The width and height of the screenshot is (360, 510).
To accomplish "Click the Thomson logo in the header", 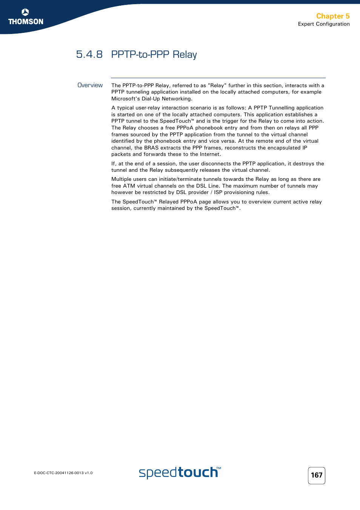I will coord(26,17).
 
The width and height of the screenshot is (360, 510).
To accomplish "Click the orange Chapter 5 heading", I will coord(332,16).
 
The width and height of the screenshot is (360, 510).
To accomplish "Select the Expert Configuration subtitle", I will coord(323,24).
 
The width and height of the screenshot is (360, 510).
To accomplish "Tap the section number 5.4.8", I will coord(89,54).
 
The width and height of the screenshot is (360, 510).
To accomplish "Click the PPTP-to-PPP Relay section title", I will coord(154,54).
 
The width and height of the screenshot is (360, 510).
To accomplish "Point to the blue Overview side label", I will coord(90,85).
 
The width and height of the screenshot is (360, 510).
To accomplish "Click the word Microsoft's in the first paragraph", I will coord(126,99).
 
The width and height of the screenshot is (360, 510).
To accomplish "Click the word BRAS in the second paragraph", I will coord(151,148).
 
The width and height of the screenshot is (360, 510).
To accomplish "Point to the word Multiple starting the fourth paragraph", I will coord(121,179).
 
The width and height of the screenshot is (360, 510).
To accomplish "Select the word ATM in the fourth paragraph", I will coord(129,186).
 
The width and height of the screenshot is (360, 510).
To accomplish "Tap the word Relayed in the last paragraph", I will coord(169,202).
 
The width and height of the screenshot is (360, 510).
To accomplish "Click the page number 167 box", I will coord(316,475).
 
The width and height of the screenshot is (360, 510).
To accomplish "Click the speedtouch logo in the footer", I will coord(180,473).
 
